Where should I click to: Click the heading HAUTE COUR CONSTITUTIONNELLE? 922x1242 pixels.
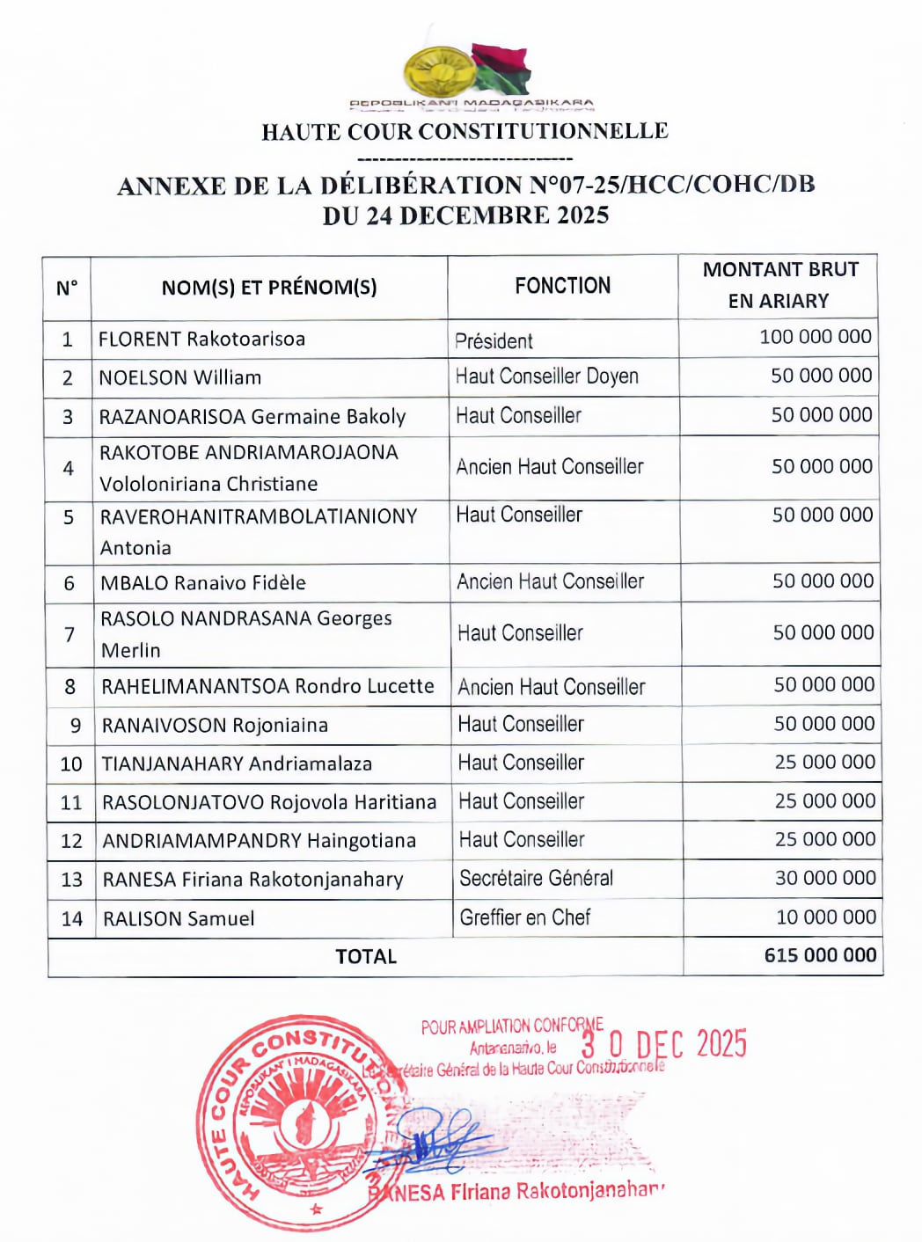click(465, 132)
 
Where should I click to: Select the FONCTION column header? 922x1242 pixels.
click(562, 286)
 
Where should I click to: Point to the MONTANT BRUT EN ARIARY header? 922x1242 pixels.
click(779, 285)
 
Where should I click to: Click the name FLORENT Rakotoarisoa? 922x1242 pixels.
click(201, 340)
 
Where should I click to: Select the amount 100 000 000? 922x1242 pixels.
click(815, 337)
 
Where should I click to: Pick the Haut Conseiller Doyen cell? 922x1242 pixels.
click(546, 376)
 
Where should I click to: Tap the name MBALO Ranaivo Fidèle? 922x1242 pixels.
click(203, 583)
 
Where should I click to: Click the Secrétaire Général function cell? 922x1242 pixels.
click(536, 878)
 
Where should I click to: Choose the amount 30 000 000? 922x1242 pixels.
click(824, 878)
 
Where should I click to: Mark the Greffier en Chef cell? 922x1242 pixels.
click(524, 917)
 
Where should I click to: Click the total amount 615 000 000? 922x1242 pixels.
click(820, 955)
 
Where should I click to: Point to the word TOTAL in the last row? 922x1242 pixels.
click(366, 956)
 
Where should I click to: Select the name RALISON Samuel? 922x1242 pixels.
click(179, 919)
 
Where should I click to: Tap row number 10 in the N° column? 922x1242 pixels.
click(71, 764)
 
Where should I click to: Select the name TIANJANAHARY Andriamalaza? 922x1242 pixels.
click(237, 764)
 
